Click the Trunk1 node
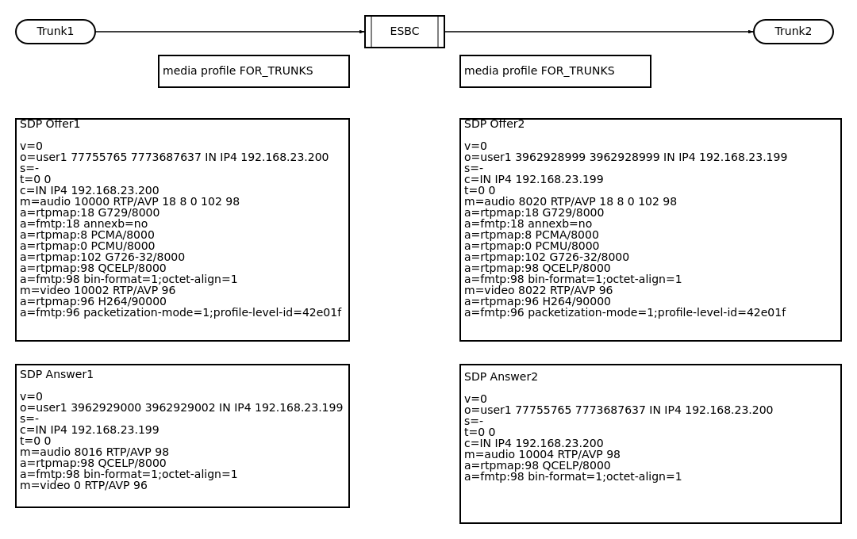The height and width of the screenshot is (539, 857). click(x=56, y=32)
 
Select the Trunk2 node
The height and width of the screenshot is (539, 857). click(x=794, y=32)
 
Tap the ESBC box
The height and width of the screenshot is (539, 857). click(x=405, y=32)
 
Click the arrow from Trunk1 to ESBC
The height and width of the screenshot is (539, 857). click(x=230, y=32)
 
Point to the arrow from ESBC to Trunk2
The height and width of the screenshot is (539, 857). click(x=599, y=32)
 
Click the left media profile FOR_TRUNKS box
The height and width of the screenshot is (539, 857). click(x=254, y=71)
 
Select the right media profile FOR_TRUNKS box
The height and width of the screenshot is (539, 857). click(x=555, y=71)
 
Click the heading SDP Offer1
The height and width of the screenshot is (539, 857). click(x=50, y=124)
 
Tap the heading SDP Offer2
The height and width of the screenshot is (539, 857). click(x=494, y=124)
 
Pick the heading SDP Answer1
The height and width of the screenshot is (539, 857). click(x=56, y=374)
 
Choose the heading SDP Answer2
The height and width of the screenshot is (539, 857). click(x=501, y=377)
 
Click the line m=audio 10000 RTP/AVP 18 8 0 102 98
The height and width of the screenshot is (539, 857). click(x=129, y=202)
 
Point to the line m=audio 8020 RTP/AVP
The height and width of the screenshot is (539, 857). click(x=570, y=202)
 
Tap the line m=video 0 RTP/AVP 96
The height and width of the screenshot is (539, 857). click(x=83, y=485)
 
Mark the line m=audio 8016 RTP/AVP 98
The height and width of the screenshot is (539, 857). click(x=94, y=452)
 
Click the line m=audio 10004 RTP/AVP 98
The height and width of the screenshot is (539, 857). click(x=542, y=455)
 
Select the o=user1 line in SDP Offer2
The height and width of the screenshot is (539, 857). click(x=625, y=158)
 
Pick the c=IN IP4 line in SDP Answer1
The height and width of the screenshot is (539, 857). click(x=89, y=430)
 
